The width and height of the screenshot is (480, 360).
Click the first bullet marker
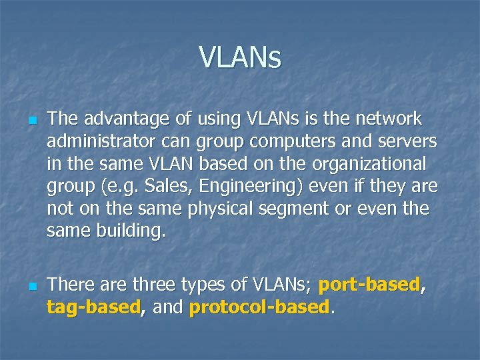(31, 121)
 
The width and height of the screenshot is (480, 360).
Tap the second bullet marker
(31, 287)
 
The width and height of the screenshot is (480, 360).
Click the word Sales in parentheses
(161, 187)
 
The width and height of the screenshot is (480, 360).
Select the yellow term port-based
(369, 286)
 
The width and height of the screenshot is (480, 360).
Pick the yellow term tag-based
(93, 308)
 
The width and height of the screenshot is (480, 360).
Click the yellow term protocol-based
(259, 308)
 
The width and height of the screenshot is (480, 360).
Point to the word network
(389, 120)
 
